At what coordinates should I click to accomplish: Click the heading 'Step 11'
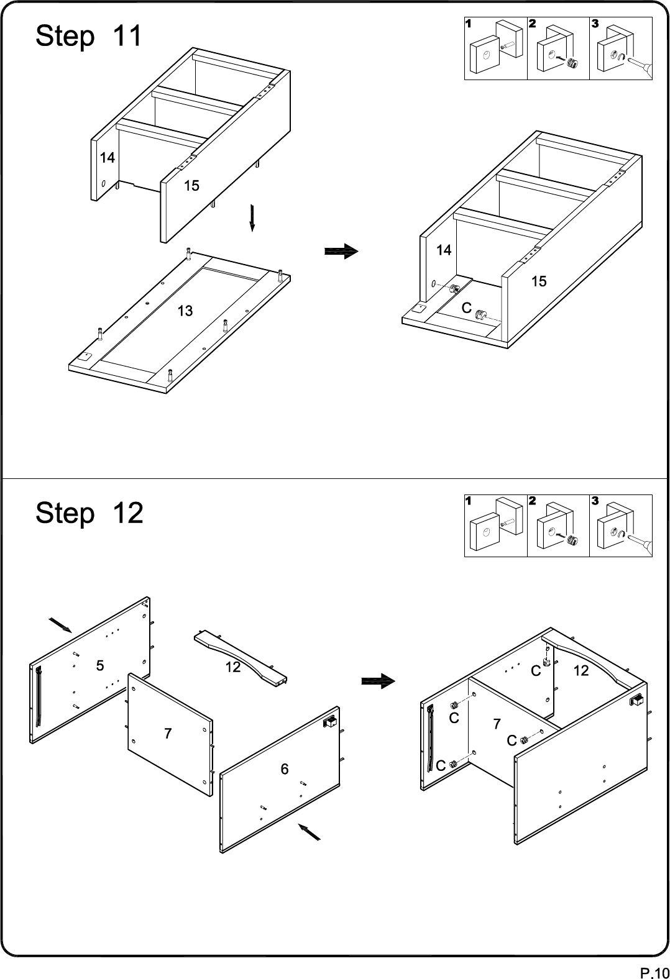point(89,36)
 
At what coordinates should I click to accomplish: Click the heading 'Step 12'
point(89,513)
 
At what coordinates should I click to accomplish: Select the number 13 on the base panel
point(185,311)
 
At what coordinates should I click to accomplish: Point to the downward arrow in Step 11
point(252,217)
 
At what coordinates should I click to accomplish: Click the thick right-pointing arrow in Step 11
point(341,252)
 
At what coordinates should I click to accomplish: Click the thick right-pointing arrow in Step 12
point(378,681)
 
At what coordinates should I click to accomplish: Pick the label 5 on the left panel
point(100,666)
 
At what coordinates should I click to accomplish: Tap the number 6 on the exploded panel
point(284,769)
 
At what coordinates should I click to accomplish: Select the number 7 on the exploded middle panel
point(168,734)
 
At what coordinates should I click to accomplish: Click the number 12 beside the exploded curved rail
point(233,667)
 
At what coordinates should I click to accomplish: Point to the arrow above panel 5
point(60,625)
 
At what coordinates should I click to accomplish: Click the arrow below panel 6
point(309,832)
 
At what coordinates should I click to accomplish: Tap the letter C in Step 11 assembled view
point(467,308)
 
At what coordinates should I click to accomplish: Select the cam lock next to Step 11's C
point(481,315)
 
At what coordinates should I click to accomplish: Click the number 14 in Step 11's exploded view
point(107,158)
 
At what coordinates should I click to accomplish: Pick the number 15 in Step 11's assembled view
point(539,281)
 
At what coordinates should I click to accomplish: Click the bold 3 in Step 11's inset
point(595,23)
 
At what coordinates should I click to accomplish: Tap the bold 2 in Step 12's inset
point(532,501)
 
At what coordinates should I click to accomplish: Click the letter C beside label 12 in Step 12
point(536,671)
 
